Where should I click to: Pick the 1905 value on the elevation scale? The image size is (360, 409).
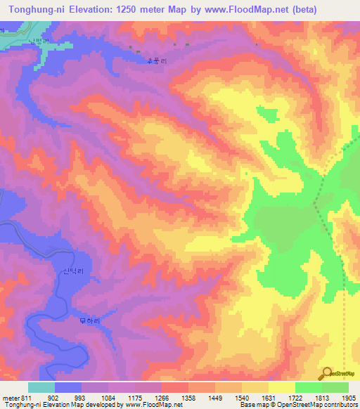pyautogui.click(x=348, y=398)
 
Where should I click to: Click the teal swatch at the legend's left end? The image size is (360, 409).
pyautogui.click(x=41, y=387)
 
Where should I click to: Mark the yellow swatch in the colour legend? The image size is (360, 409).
pyautogui.click(x=281, y=387)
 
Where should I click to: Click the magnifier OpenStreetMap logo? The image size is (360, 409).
pyautogui.click(x=327, y=373)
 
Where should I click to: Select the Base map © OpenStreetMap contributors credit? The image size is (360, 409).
pyautogui.click(x=298, y=405)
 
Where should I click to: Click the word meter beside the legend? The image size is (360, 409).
pyautogui.click(x=11, y=398)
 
